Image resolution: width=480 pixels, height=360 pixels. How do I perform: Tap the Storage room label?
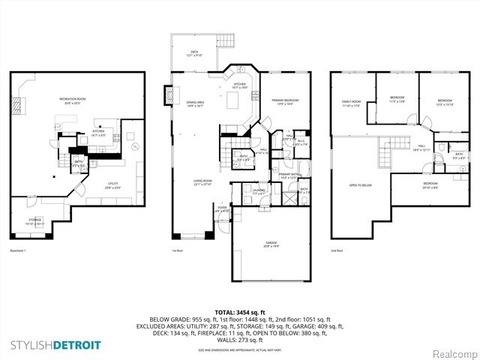pos(36,222)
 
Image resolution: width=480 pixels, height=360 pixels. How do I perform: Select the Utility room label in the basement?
pos(92,186)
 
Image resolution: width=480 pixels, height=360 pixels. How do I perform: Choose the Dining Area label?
pos(196,104)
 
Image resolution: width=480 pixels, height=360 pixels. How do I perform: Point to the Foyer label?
pos(221,209)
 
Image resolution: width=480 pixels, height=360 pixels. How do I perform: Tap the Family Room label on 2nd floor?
pos(351,103)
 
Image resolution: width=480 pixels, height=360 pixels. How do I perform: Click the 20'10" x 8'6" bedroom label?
pos(430,185)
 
